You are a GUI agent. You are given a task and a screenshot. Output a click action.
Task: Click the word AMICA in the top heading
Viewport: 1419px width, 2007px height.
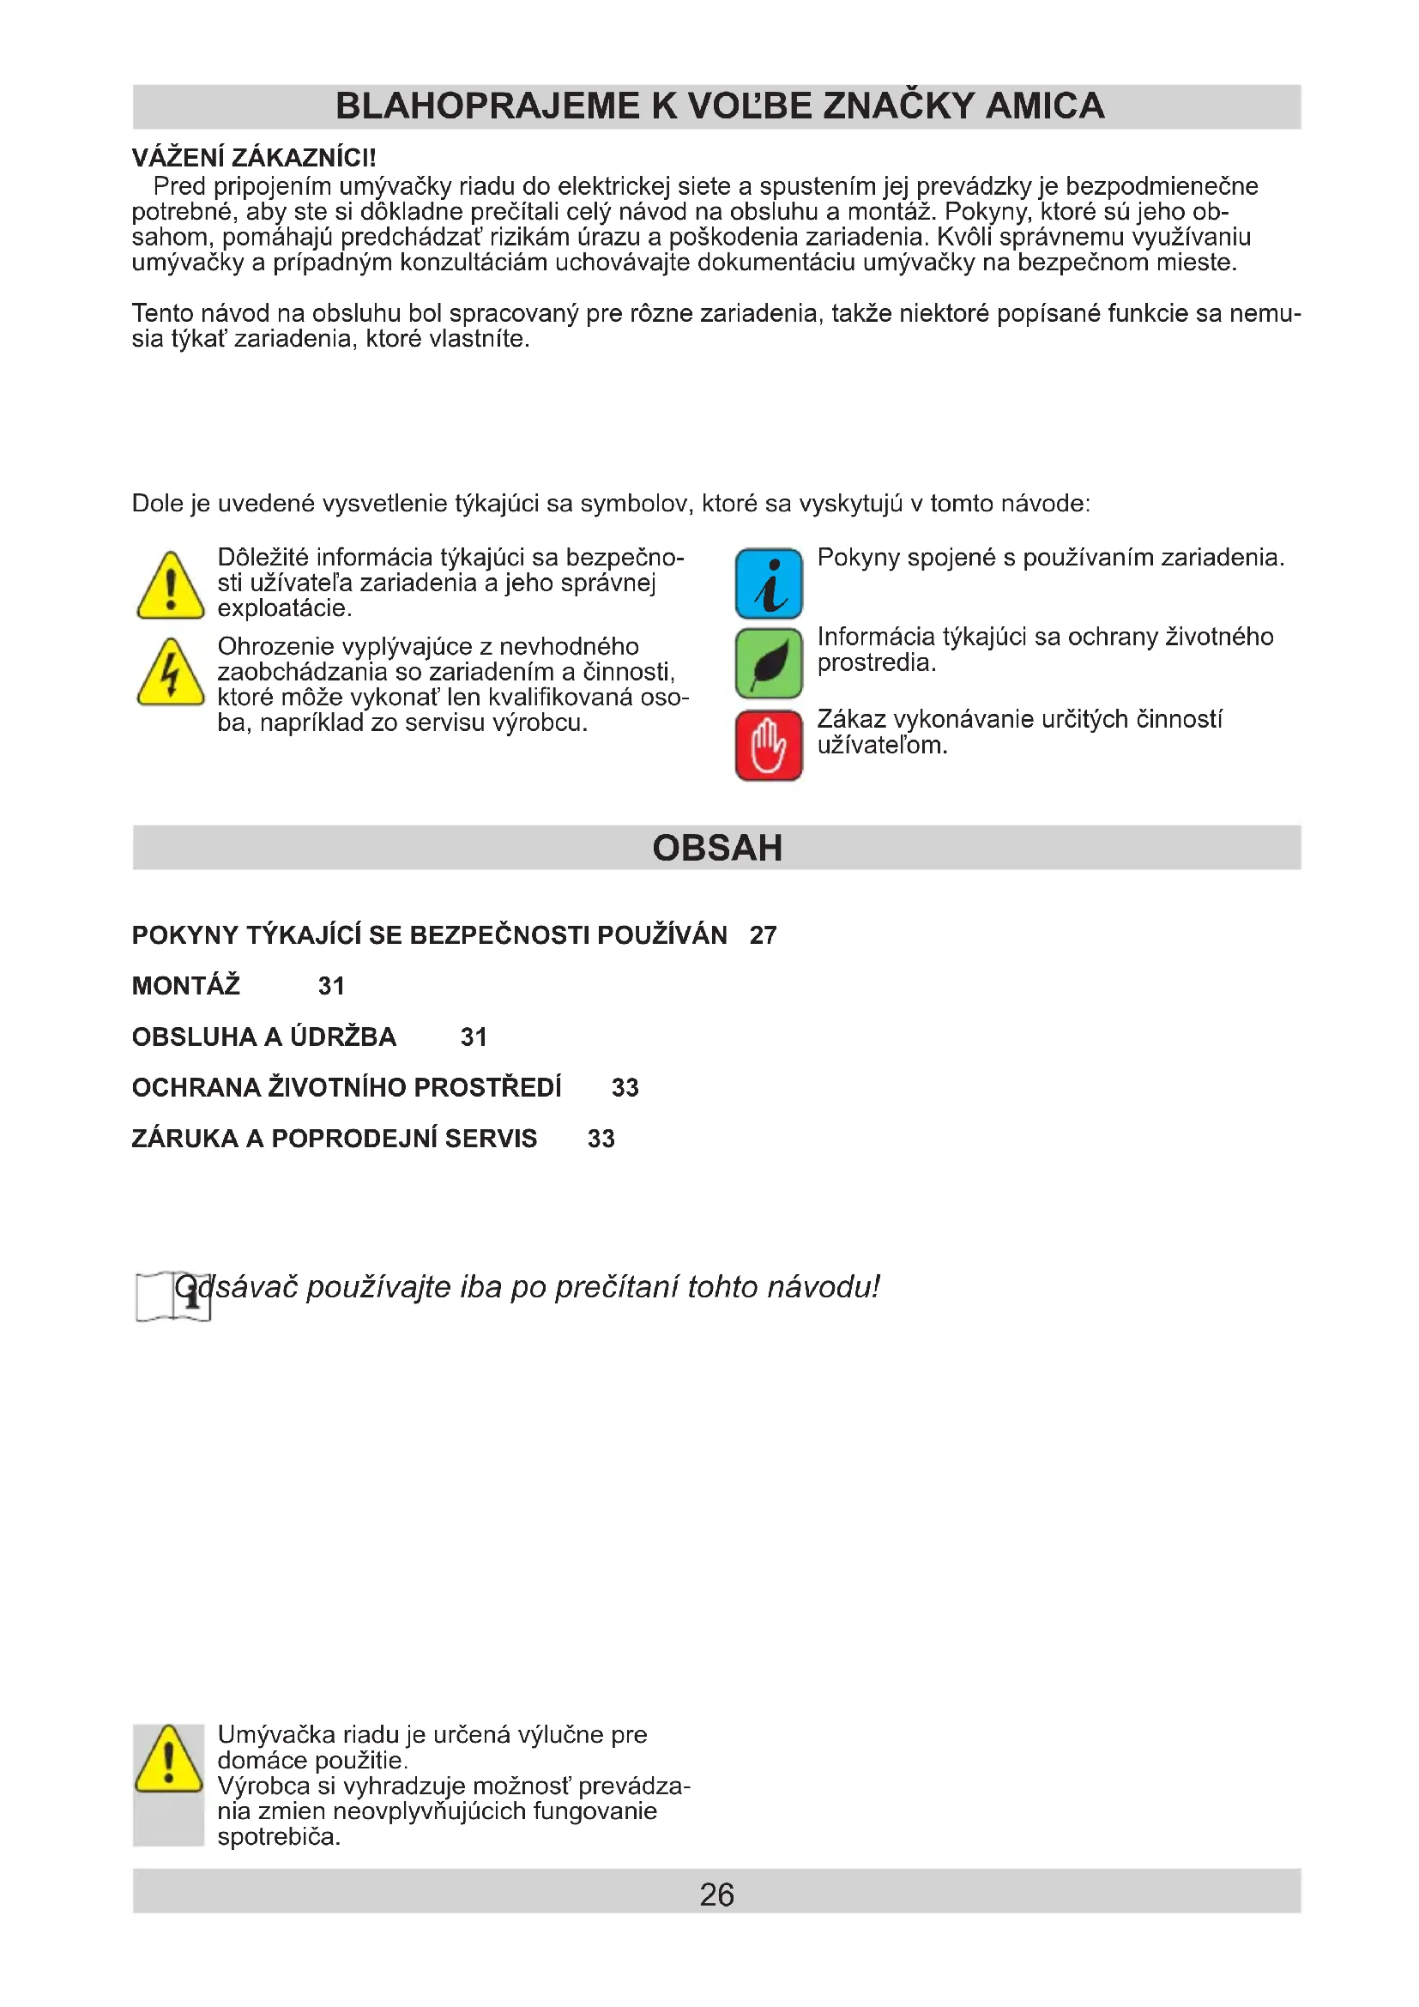[x=1044, y=106]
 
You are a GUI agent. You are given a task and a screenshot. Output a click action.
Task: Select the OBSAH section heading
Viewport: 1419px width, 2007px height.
[x=716, y=848]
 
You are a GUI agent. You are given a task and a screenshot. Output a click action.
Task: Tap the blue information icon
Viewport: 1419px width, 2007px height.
[x=768, y=583]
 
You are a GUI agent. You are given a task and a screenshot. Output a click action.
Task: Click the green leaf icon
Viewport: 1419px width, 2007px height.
[x=768, y=662]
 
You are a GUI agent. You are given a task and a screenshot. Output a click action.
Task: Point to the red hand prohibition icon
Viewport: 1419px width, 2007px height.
[x=768, y=745]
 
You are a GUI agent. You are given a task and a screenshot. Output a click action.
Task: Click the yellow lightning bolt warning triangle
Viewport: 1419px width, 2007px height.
[x=171, y=674]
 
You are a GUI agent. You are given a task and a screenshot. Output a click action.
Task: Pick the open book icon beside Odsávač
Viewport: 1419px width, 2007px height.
[x=172, y=1297]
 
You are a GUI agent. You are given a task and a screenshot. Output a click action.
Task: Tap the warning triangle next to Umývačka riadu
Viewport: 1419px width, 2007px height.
[x=169, y=1760]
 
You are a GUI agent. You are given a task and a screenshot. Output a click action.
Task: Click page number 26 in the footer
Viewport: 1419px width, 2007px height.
[x=716, y=1895]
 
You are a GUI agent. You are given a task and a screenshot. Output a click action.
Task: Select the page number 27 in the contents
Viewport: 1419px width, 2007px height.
[x=763, y=935]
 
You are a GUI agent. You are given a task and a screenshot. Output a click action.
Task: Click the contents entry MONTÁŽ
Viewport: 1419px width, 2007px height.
[x=185, y=986]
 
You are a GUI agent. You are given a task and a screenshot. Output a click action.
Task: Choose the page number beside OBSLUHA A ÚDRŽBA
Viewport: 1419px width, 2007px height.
[x=474, y=1037]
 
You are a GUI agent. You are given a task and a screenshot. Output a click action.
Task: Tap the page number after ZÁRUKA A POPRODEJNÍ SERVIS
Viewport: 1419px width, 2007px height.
[x=601, y=1138]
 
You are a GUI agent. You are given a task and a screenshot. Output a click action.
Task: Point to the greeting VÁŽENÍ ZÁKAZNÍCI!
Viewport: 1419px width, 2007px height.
[x=253, y=158]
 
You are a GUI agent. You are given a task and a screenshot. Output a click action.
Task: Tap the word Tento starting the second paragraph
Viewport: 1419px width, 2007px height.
[x=163, y=313]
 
